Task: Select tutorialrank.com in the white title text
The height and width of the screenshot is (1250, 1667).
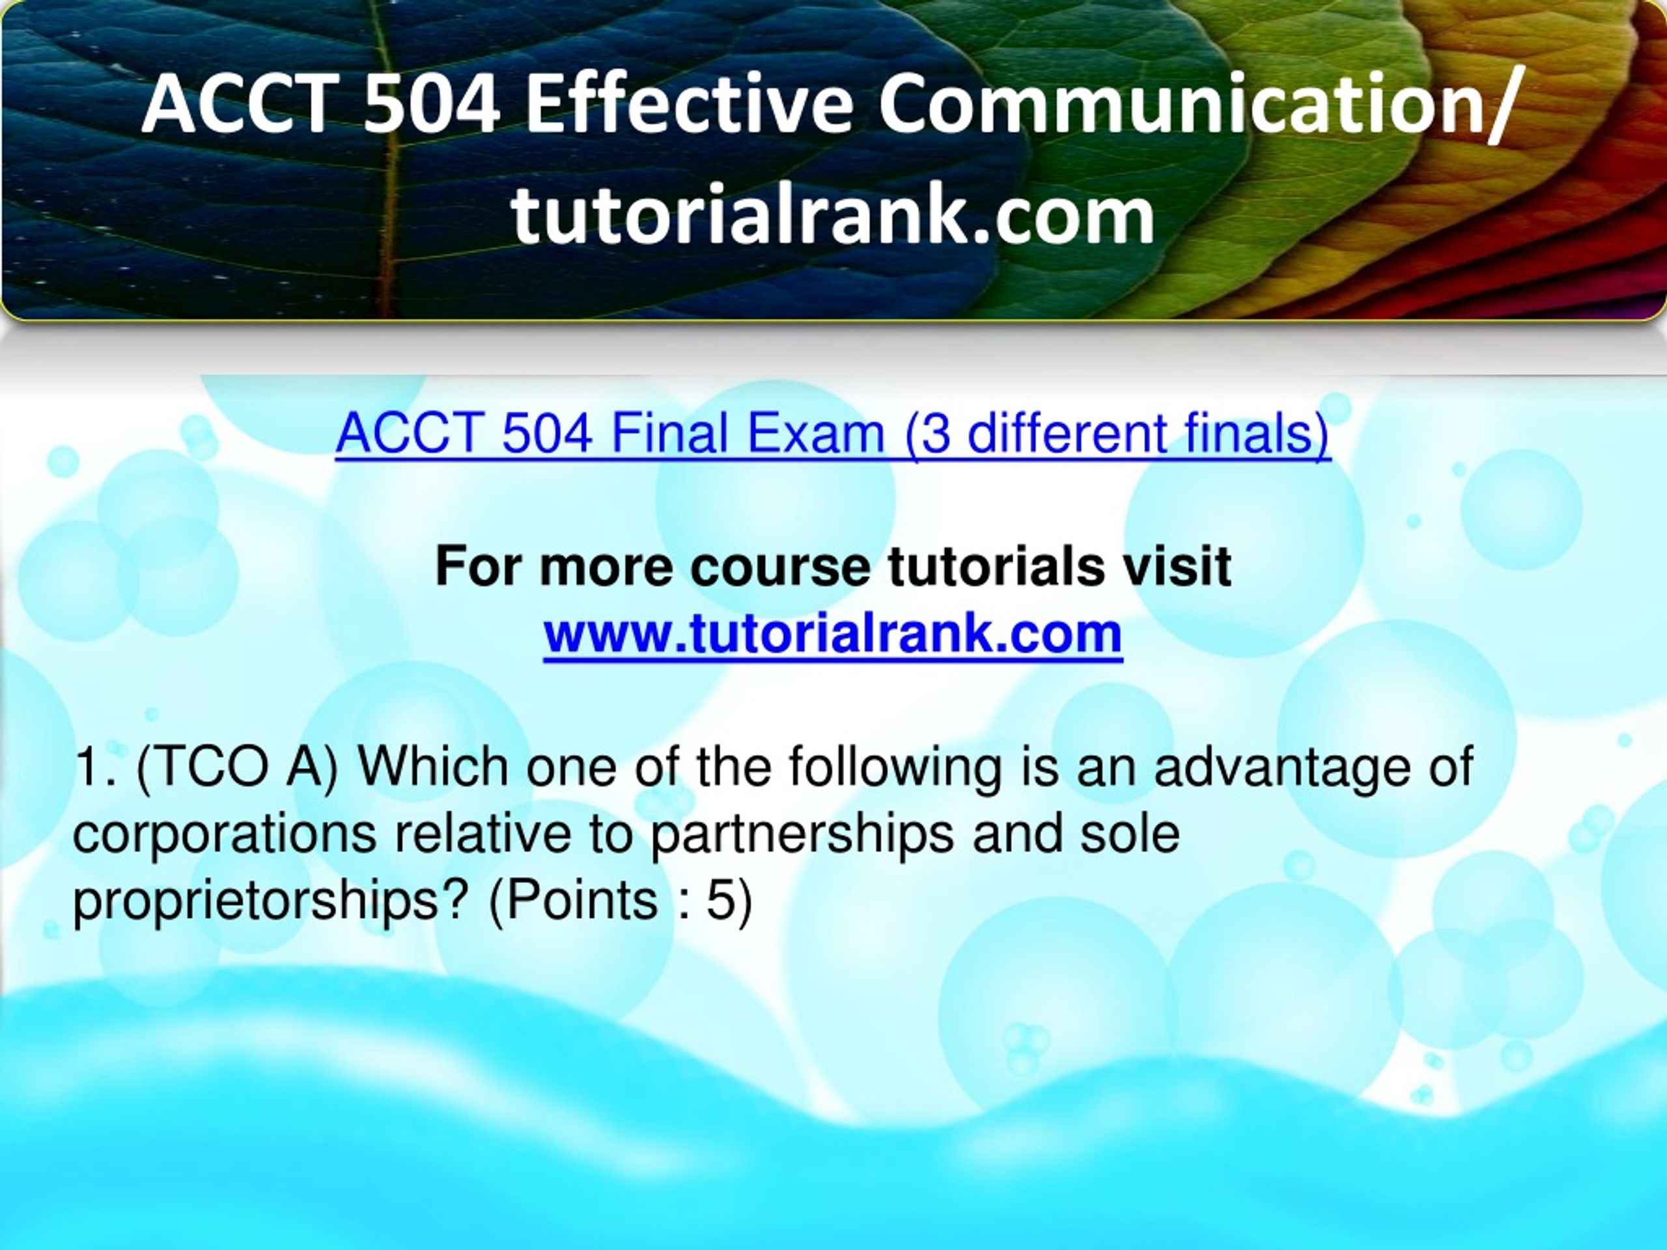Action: (x=833, y=215)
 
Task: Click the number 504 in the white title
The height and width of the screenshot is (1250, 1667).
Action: (x=431, y=104)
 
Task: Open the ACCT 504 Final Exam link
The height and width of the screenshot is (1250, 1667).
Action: (x=833, y=435)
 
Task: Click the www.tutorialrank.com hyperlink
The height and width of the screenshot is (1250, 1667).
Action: (x=833, y=633)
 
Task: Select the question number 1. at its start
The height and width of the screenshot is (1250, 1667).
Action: (x=96, y=767)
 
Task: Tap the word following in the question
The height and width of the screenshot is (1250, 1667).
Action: (x=895, y=767)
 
